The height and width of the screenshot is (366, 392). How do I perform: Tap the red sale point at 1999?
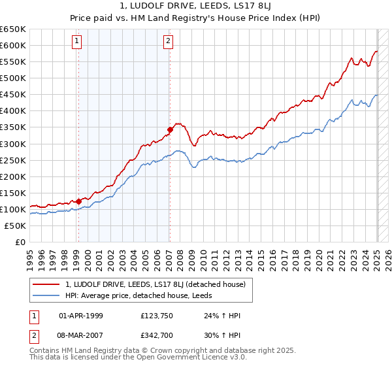coord(78,201)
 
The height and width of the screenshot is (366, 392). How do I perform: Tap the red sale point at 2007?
coord(169,129)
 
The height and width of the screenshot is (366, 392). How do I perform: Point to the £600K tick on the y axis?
coord(13,45)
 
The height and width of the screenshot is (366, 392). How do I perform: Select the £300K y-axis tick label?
coord(13,144)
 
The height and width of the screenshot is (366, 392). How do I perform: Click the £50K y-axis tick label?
coord(15,225)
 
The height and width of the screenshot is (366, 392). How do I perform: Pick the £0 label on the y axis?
coord(21,242)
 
